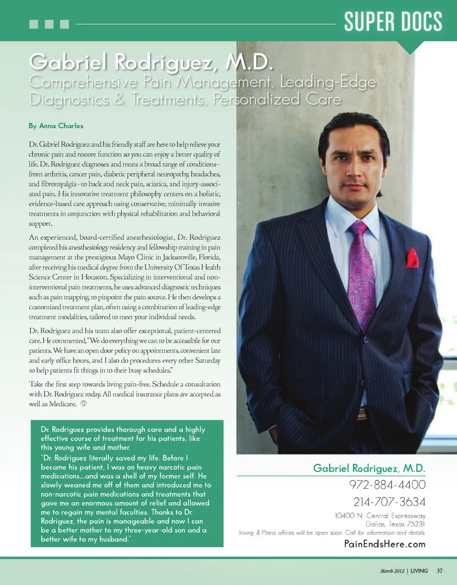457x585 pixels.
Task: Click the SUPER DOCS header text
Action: pos(393,22)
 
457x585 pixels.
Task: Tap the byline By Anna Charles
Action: pos(56,126)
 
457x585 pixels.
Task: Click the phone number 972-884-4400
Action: pos(387,485)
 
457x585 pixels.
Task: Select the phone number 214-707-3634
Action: pos(389,502)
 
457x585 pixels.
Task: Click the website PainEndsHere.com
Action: pos(385,544)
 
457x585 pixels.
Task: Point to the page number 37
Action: pos(440,571)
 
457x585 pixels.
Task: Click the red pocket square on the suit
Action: pos(412,258)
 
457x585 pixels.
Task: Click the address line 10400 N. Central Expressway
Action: pos(380,516)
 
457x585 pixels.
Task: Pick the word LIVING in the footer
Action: pos(419,571)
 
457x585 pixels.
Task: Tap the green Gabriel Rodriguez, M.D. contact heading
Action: pos(369,468)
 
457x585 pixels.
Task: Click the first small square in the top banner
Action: pos(33,24)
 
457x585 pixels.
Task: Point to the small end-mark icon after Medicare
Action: pos(84,404)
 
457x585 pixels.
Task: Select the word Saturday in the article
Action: pos(204,361)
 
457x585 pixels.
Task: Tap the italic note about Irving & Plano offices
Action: pos(332,533)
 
